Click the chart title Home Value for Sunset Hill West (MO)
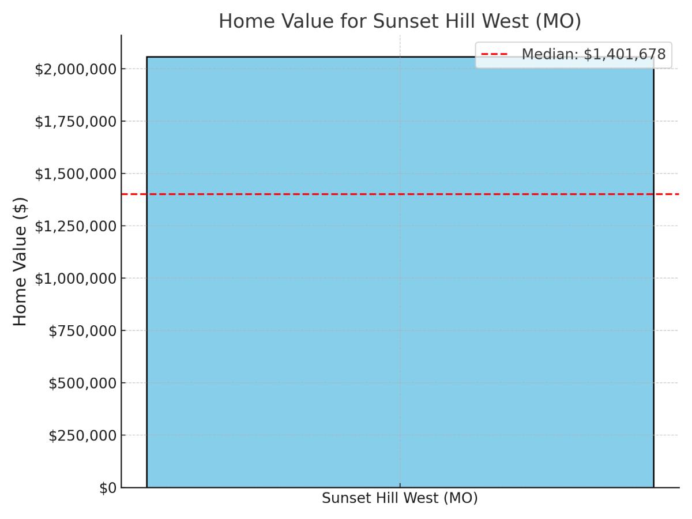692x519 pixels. pyautogui.click(x=400, y=21)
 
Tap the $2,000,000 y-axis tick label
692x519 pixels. pyautogui.click(x=76, y=69)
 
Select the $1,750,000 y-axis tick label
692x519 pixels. pyautogui.click(x=76, y=122)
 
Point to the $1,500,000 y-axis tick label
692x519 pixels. pyautogui.click(x=76, y=174)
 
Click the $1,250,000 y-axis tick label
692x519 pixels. pyautogui.click(x=76, y=226)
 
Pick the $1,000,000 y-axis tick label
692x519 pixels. pyautogui.click(x=76, y=279)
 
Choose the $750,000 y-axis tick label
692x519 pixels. pyautogui.click(x=82, y=331)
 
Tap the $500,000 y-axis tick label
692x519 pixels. pyautogui.click(x=82, y=383)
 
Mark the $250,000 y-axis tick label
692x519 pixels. pyautogui.click(x=82, y=435)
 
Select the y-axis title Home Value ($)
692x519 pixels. pyautogui.click(x=20, y=262)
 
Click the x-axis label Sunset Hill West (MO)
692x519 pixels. pyautogui.click(x=400, y=498)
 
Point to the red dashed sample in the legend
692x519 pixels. pyautogui.click(x=494, y=54)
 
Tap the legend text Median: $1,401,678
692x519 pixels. pyautogui.click(x=593, y=54)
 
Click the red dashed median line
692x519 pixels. pyautogui.click(x=400, y=194)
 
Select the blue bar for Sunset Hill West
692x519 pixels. pyautogui.click(x=400, y=272)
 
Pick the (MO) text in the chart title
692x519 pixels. pyautogui.click(x=558, y=21)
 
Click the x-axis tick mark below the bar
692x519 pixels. pyautogui.click(x=400, y=486)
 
